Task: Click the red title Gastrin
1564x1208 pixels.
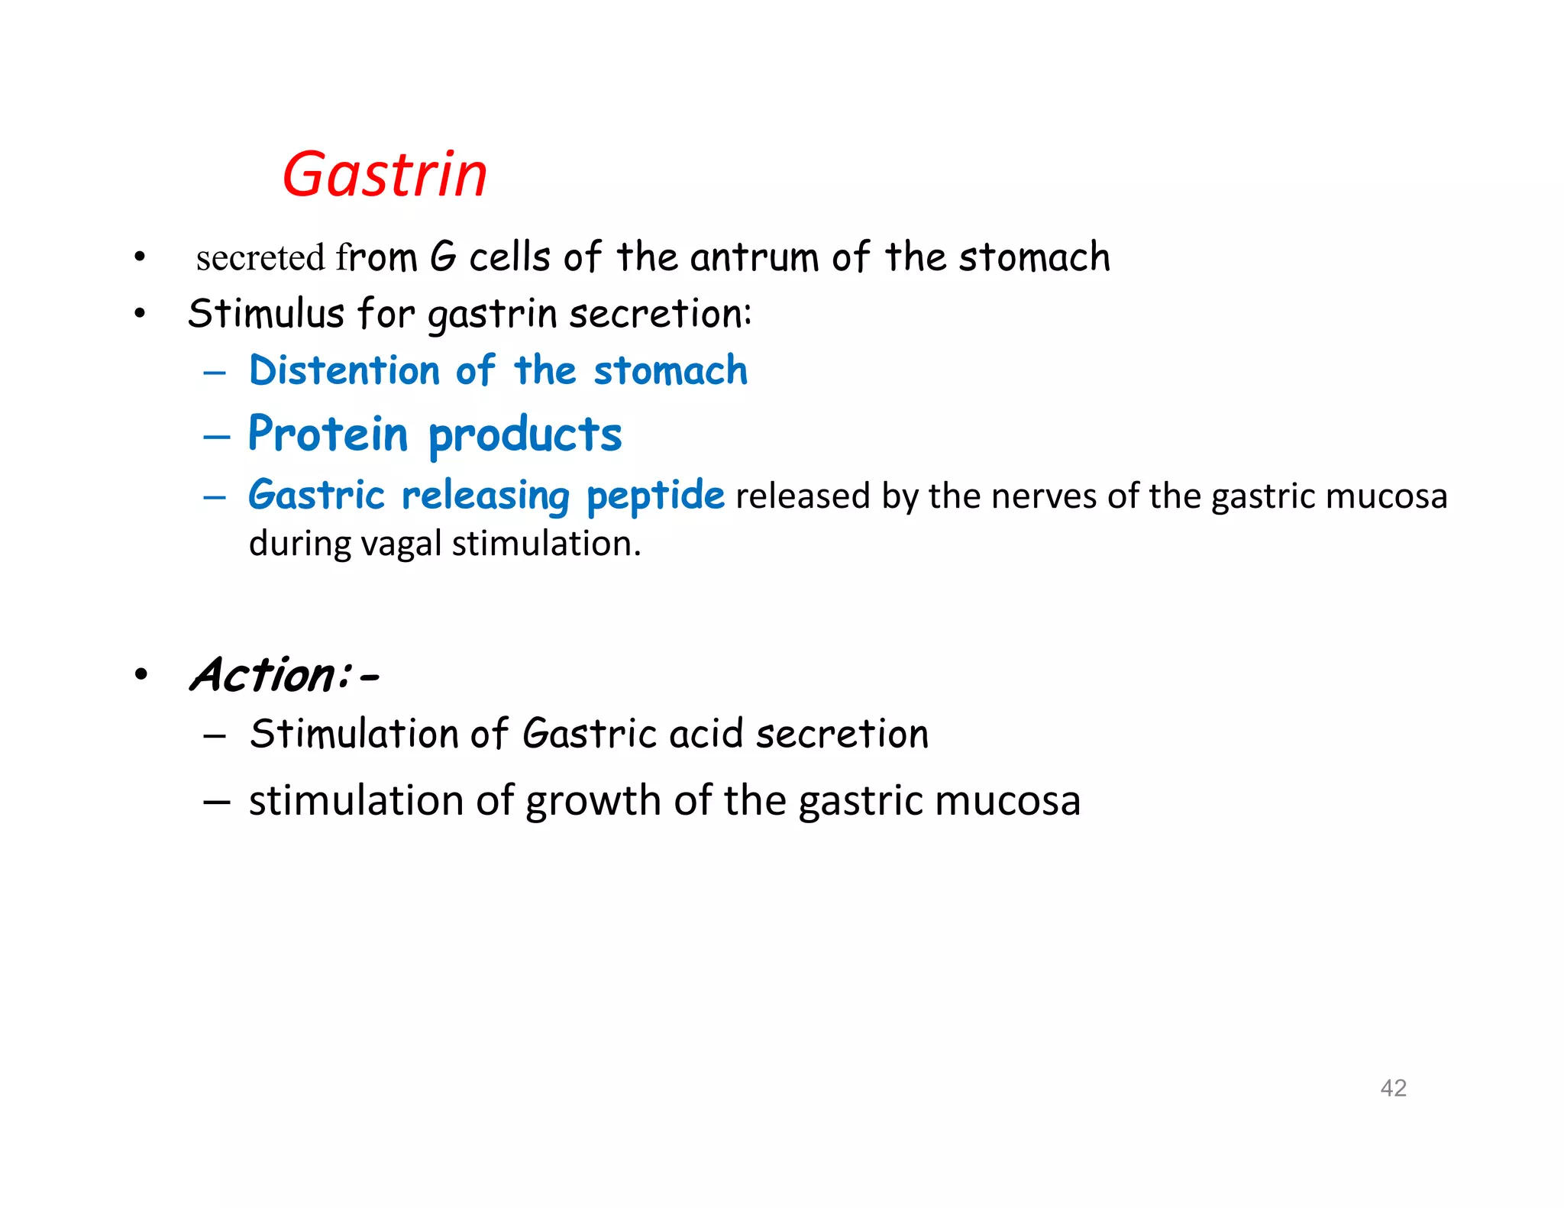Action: tap(384, 175)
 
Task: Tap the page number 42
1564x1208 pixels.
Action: tap(1393, 1087)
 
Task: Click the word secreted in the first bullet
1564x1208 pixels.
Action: tap(260, 257)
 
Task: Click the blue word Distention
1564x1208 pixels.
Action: tap(344, 371)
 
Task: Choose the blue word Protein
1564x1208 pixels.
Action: tap(328, 434)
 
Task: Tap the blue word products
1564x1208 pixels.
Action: tap(525, 435)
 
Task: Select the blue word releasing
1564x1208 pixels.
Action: tap(486, 496)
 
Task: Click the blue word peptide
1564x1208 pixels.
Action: tap(655, 496)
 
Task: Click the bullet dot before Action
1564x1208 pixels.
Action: tap(141, 675)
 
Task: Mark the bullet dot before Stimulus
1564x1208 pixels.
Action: tap(139, 313)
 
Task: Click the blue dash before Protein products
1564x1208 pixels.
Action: tap(216, 436)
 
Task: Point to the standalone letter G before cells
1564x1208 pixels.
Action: tap(443, 257)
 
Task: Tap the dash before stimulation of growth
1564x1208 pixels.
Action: tap(216, 802)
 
